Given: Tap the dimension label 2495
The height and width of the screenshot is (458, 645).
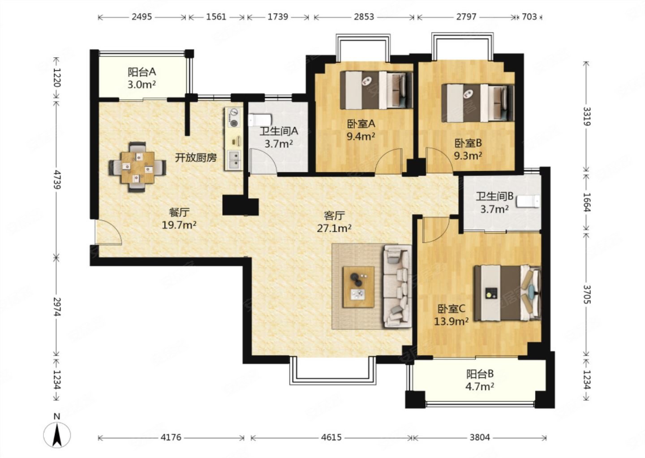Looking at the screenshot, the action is pyautogui.click(x=142, y=17).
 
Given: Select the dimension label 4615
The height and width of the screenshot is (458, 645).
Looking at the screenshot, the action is pyautogui.click(x=331, y=437).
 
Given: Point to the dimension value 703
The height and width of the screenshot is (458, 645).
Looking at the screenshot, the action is pyautogui.click(x=529, y=17).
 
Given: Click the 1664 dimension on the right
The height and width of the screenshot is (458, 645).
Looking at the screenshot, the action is pyautogui.click(x=587, y=203).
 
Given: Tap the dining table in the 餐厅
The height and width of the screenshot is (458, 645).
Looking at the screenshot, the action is pyautogui.click(x=138, y=167).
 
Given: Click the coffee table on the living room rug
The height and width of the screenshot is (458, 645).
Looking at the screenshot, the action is pyautogui.click(x=358, y=287).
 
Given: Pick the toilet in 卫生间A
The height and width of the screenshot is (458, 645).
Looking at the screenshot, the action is pyautogui.click(x=260, y=120).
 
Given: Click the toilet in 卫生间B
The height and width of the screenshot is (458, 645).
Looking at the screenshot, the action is pyautogui.click(x=528, y=201).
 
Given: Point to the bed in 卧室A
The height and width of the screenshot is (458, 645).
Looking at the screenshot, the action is pyautogui.click(x=376, y=90).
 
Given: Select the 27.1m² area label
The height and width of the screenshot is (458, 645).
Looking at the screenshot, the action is pyautogui.click(x=334, y=228).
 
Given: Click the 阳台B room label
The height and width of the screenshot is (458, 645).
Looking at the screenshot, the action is pyautogui.click(x=480, y=374).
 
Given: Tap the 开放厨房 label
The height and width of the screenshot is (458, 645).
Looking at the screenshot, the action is pyautogui.click(x=196, y=157).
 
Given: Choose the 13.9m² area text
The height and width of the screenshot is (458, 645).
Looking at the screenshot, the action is pyautogui.click(x=451, y=321).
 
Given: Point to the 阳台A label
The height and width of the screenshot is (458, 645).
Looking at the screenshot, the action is pyautogui.click(x=142, y=72).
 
